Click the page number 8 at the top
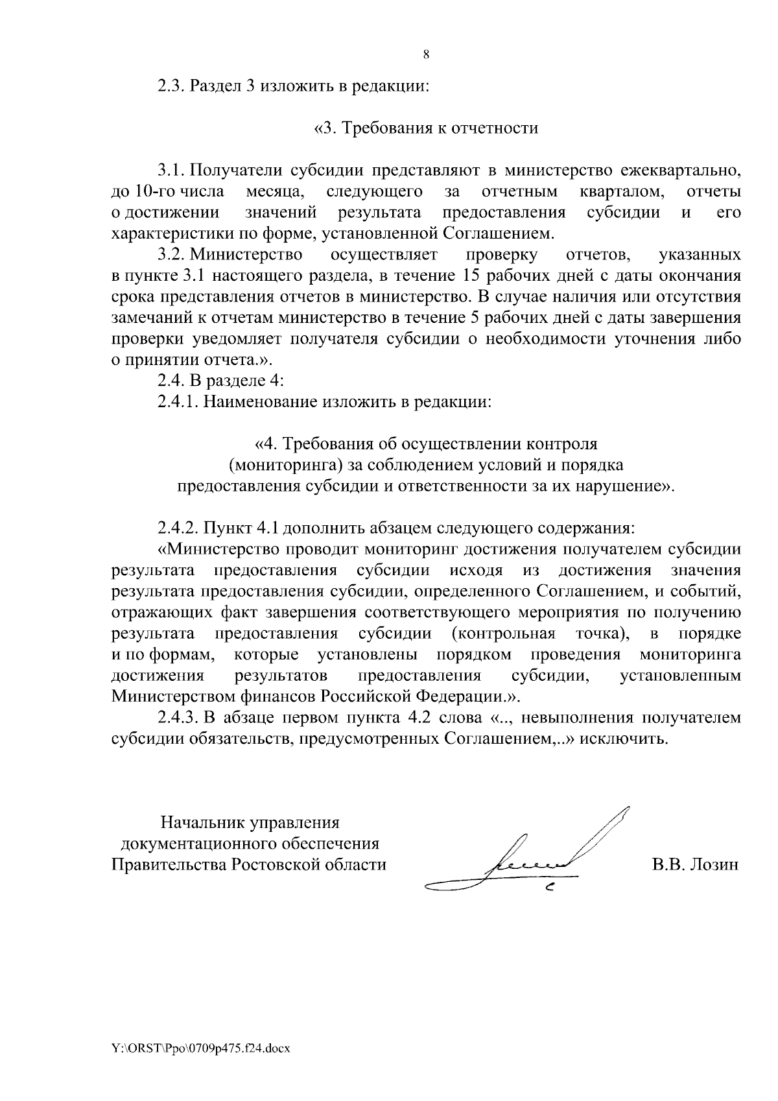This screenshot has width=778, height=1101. (x=426, y=55)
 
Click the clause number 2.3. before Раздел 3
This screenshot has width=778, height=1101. (x=172, y=86)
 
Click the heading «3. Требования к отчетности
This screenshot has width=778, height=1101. (x=426, y=128)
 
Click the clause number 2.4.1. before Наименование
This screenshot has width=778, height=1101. (x=179, y=402)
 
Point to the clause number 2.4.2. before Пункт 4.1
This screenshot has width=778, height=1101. (x=179, y=528)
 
